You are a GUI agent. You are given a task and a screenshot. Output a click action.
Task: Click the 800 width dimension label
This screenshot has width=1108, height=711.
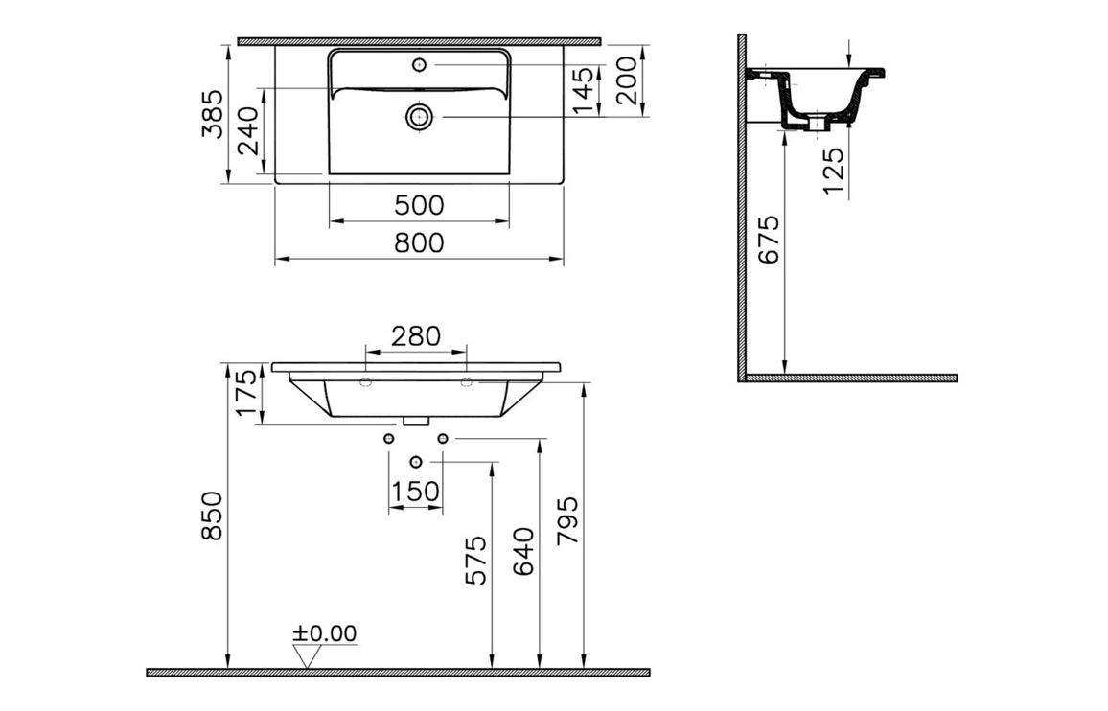coord(419,243)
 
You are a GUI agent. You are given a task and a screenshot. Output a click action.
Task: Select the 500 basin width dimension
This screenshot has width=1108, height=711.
coord(419,205)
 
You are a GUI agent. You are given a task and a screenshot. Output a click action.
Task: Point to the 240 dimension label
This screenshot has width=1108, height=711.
coord(248,131)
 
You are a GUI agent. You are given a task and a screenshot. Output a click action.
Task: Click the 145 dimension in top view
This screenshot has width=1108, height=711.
coord(586,91)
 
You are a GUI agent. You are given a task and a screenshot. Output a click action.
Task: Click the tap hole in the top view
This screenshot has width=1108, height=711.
coord(419,65)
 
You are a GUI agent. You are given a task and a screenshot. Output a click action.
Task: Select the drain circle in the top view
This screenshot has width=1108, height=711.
coord(419,117)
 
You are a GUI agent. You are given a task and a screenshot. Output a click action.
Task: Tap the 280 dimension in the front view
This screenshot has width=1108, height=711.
coord(416,336)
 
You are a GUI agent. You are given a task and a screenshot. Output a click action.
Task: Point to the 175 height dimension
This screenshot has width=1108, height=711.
coord(247,394)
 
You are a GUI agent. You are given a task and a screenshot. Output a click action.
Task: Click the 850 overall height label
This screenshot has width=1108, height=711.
coord(212,515)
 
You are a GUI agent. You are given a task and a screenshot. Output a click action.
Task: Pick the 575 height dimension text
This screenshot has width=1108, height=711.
coord(476,560)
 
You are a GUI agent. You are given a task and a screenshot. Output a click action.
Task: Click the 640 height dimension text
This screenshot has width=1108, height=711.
coord(524,551)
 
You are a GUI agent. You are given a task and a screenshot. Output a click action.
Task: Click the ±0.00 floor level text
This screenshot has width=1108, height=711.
coord(324,633)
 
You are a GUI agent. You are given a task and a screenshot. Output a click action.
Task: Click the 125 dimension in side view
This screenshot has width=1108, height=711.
coord(834,171)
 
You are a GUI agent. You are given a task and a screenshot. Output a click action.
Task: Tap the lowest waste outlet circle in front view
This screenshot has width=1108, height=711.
coord(415,463)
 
